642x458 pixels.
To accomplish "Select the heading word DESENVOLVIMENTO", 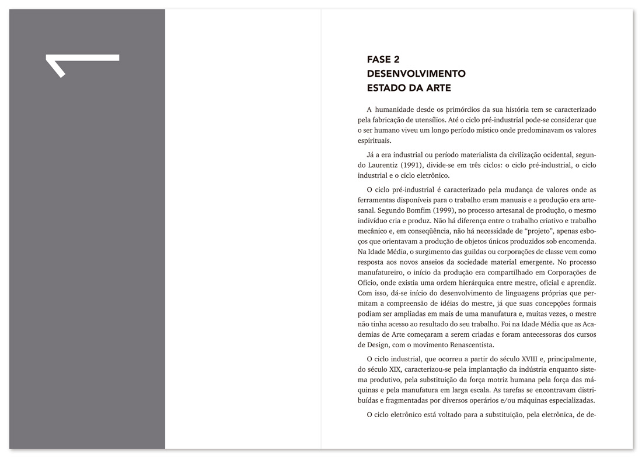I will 416,74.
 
